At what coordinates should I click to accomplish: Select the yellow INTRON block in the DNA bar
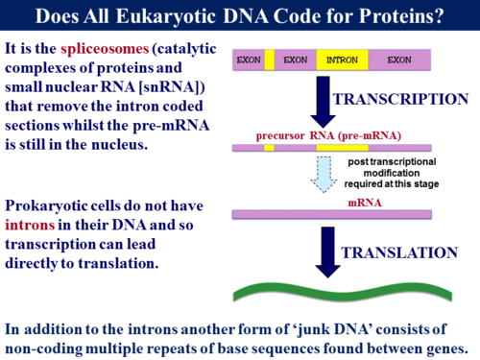click(x=341, y=60)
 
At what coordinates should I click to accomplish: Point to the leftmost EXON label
click(x=249, y=60)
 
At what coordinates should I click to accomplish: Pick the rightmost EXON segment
click(x=398, y=60)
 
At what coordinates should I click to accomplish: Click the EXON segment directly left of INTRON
click(x=295, y=60)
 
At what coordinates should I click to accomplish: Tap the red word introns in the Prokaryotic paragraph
click(x=32, y=224)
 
